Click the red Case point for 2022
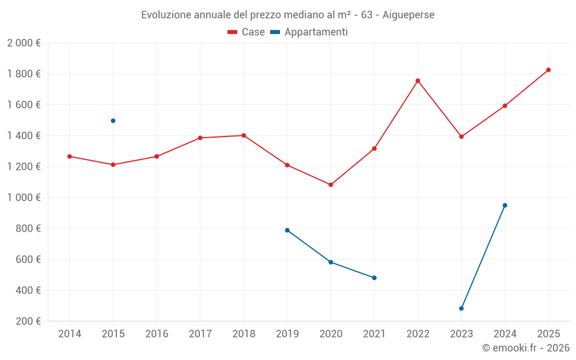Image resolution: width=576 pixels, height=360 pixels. [x=418, y=81]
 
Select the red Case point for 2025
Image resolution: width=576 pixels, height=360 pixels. [x=548, y=70]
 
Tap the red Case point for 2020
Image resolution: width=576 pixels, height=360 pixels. [x=331, y=185]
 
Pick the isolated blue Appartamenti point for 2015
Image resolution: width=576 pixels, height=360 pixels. [x=113, y=121]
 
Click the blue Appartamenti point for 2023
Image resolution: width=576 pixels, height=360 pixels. [x=461, y=308]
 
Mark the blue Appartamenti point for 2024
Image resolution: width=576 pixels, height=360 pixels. [x=505, y=205]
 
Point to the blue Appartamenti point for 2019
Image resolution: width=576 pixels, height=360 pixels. [x=287, y=230]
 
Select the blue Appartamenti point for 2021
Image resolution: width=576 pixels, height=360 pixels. [x=374, y=278]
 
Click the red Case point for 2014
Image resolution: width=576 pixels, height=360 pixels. [x=70, y=156]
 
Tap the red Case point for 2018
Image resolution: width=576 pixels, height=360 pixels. [x=244, y=135]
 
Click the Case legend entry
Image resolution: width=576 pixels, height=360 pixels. [x=247, y=32]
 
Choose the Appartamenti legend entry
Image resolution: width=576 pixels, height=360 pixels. [x=309, y=32]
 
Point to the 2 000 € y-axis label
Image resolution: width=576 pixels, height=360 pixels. [x=24, y=43]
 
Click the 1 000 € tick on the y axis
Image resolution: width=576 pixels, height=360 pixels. [x=24, y=198]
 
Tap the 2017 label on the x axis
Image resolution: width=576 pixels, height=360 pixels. [x=200, y=334]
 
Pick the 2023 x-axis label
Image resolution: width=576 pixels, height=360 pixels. [x=461, y=334]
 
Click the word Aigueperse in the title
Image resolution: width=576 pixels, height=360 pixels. [x=408, y=14]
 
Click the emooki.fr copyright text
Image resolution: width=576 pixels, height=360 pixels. [x=526, y=348]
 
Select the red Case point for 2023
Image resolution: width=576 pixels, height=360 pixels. [x=461, y=137]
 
